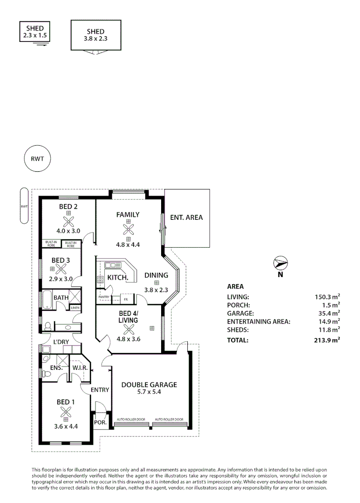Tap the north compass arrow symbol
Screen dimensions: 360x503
(280, 263)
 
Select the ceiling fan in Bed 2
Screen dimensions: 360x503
(68, 221)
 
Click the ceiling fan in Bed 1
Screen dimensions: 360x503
(66, 412)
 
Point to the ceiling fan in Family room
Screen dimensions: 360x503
(129, 229)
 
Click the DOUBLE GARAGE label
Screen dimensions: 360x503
(149, 384)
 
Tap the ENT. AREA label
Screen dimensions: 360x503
(186, 218)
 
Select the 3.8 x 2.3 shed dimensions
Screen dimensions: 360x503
(95, 39)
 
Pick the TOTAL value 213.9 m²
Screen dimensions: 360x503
(327, 340)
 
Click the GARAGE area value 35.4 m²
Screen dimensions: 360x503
(329, 313)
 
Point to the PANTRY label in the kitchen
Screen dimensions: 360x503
(104, 297)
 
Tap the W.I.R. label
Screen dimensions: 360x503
(80, 367)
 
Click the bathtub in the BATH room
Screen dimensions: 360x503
(47, 299)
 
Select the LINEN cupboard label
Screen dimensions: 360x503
(75, 308)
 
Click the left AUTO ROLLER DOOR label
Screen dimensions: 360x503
(131, 419)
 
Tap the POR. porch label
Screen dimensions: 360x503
(100, 422)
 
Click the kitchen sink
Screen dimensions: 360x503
(113, 265)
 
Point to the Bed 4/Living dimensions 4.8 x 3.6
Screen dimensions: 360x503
(129, 339)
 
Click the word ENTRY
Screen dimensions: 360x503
(100, 390)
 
